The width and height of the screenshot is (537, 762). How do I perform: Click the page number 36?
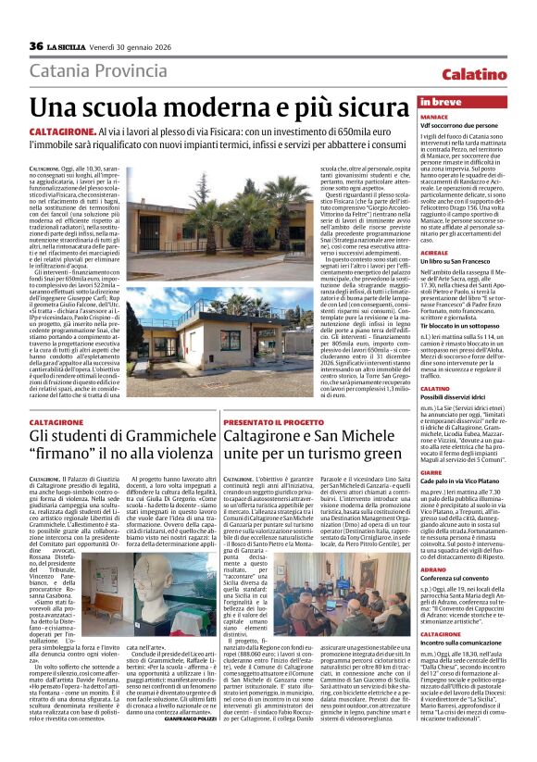point(36,46)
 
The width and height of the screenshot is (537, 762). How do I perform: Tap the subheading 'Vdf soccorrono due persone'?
point(460,127)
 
